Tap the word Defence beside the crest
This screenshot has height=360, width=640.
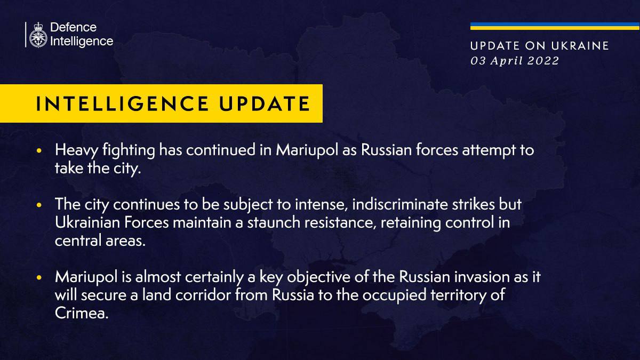coord(73,27)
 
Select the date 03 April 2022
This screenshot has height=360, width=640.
coord(514,61)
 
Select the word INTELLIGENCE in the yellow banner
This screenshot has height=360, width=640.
coord(120,103)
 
